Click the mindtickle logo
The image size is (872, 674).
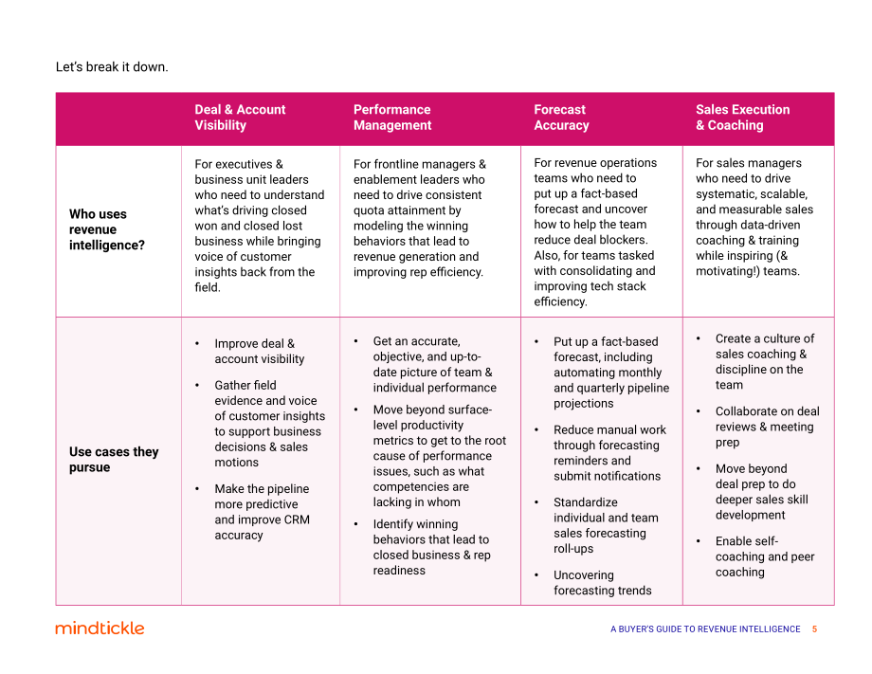(x=100, y=628)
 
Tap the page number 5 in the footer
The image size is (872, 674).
(x=814, y=628)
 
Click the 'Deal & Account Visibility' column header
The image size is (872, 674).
(x=240, y=118)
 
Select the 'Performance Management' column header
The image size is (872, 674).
(x=392, y=118)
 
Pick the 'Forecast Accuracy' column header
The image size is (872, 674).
(x=561, y=118)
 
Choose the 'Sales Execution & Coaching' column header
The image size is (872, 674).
(x=742, y=118)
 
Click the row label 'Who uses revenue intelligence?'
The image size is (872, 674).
(x=107, y=229)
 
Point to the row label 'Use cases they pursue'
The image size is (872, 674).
(x=114, y=460)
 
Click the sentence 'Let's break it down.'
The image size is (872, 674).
(x=112, y=66)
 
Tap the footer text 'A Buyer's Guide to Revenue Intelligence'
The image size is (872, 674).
(x=705, y=628)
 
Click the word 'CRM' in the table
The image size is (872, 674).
(x=297, y=519)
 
